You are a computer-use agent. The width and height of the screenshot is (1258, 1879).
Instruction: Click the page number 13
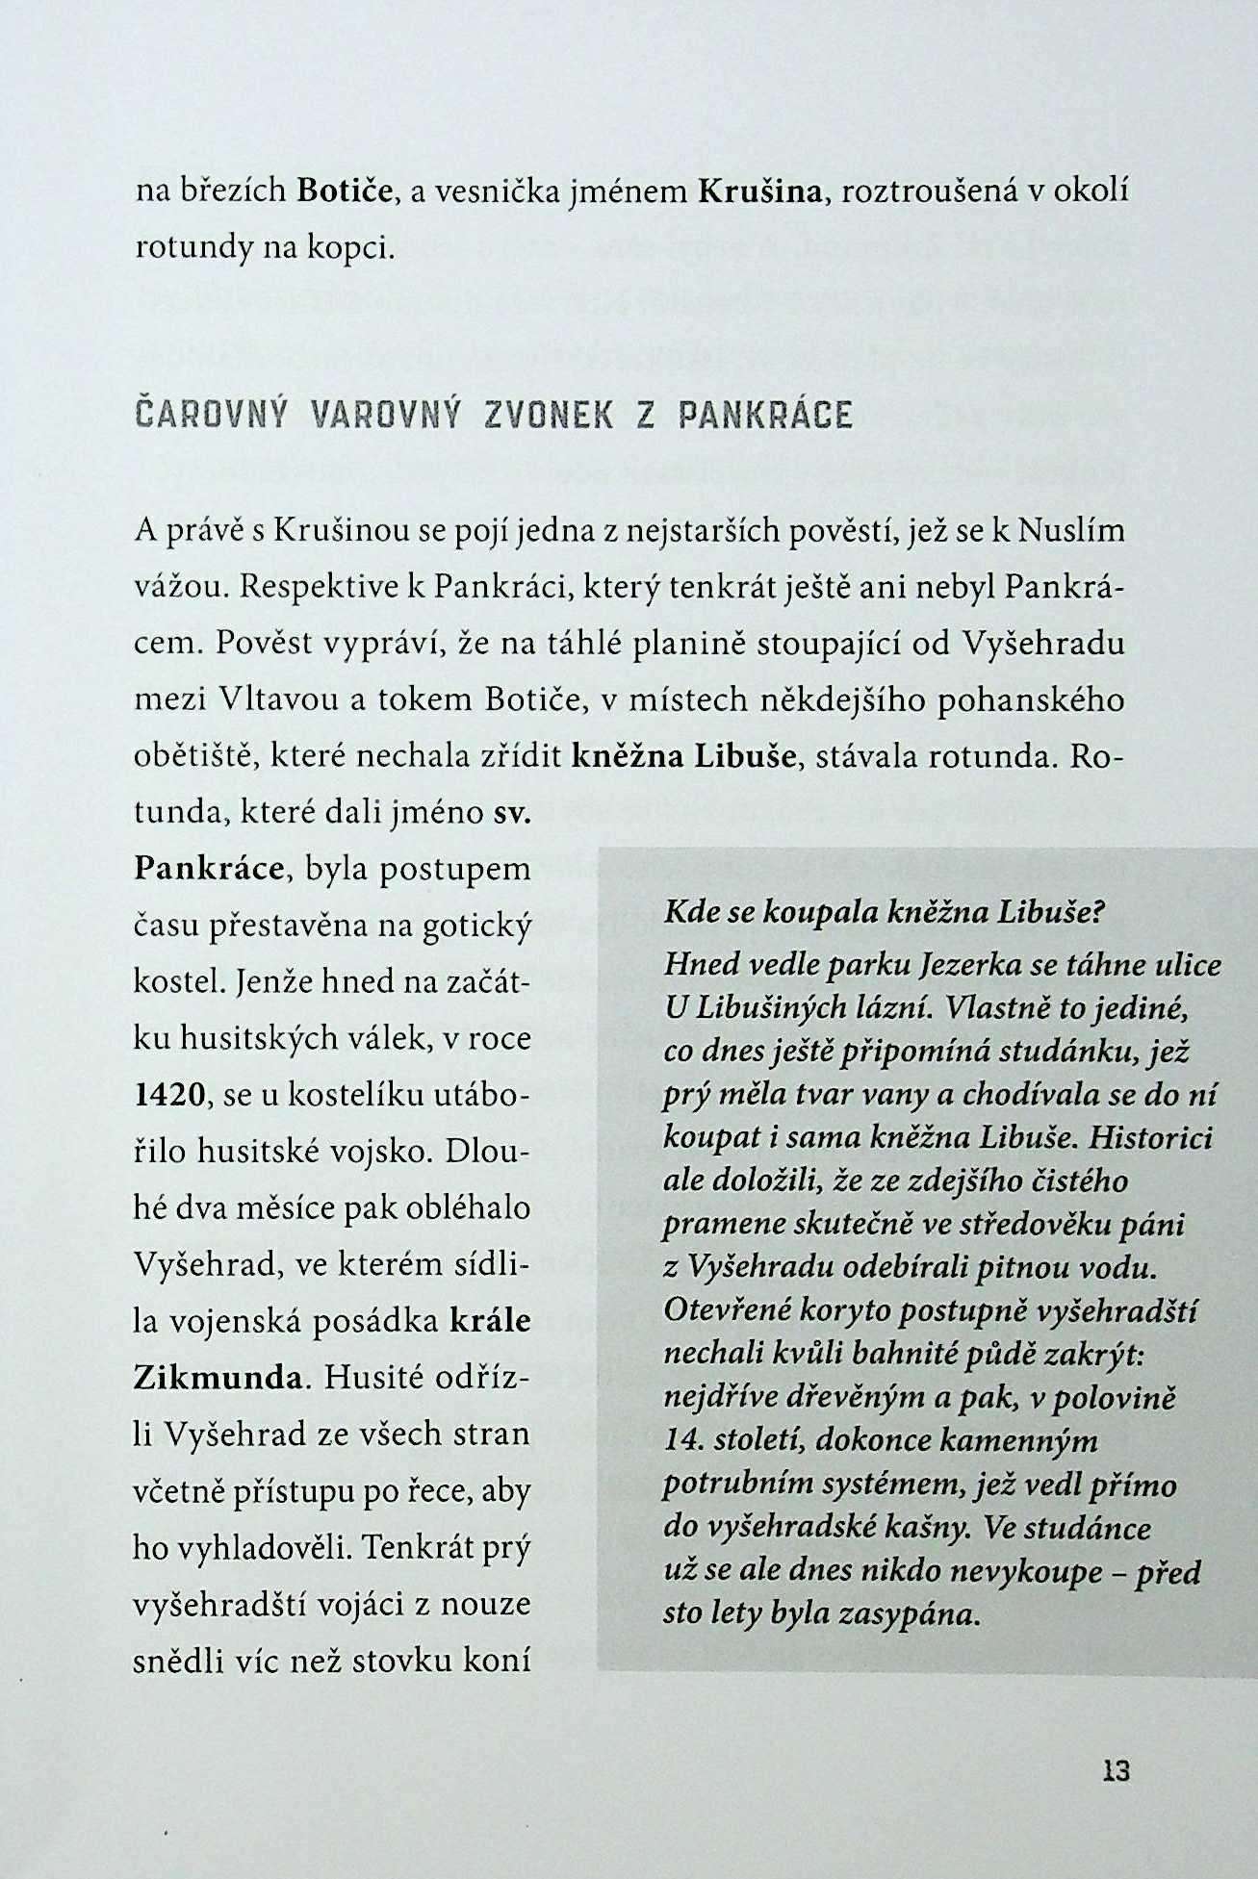click(1117, 1770)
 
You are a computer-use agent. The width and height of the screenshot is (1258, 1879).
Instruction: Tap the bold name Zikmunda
click(218, 1377)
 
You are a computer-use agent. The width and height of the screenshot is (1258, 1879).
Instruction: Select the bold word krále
click(490, 1320)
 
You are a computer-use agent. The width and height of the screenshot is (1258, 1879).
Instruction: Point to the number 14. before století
click(684, 1439)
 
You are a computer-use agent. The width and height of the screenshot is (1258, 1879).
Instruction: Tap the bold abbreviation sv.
click(511, 813)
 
